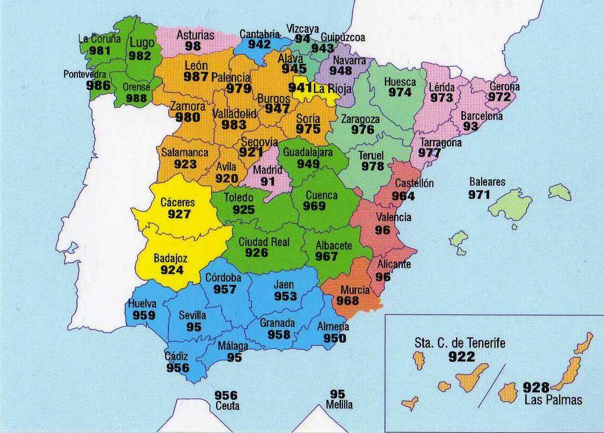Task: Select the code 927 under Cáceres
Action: [x=179, y=214]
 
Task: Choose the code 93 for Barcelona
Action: [x=470, y=127]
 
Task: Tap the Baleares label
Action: [x=486, y=182]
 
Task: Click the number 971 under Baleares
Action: [x=479, y=195]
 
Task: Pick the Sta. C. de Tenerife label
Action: [x=459, y=343]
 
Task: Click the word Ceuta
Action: [x=227, y=406]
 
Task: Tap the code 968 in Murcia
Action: [x=347, y=301]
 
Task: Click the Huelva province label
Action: [x=142, y=304]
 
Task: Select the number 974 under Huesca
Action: [x=400, y=92]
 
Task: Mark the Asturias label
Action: [x=195, y=35]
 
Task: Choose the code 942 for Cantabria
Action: [x=259, y=44]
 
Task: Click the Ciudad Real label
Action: [x=264, y=242]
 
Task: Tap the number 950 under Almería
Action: [x=335, y=338]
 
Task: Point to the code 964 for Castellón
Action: [x=402, y=196]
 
